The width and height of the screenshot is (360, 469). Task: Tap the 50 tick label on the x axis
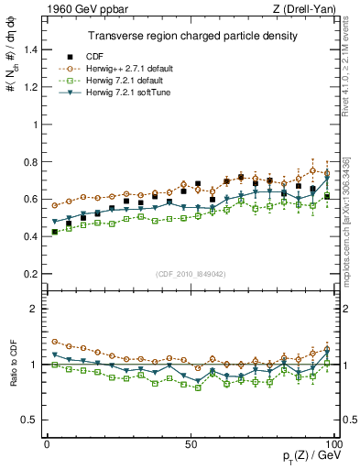[191, 443]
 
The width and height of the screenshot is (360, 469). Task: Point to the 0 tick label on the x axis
[48, 443]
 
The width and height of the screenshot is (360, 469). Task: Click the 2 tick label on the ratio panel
[34, 310]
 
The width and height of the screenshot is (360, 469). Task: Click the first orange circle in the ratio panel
[55, 341]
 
